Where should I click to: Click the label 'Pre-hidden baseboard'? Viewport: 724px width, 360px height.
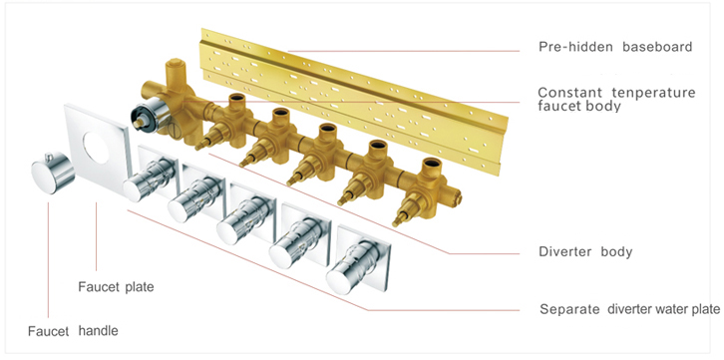[x=615, y=47]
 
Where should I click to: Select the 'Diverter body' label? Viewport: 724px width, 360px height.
[x=585, y=252]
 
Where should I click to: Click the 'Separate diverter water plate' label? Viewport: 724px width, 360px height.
[x=630, y=308]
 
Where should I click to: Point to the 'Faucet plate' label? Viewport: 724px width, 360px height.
[x=116, y=287]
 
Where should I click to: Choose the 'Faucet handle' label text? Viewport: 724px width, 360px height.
[x=73, y=331]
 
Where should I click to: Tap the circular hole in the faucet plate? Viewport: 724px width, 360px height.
[x=97, y=148]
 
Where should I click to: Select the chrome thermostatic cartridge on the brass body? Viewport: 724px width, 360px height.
[x=147, y=117]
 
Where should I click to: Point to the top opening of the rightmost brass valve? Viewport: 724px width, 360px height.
[x=433, y=164]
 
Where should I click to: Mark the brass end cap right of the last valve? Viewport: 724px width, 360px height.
[x=456, y=195]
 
